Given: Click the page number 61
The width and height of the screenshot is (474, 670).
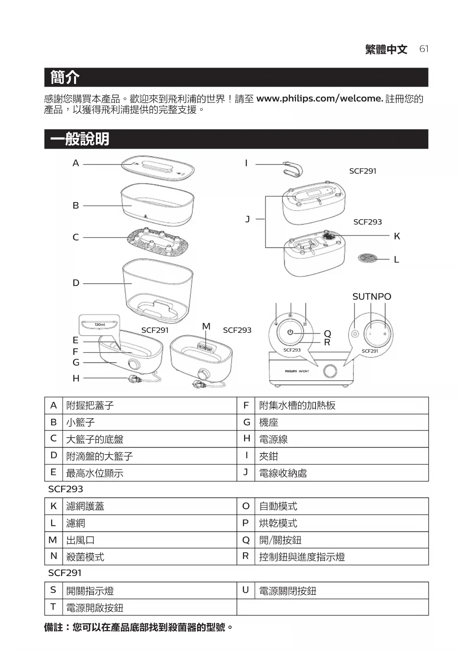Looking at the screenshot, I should pyautogui.click(x=424, y=49).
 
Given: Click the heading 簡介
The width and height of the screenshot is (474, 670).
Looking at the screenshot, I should pyautogui.click(x=65, y=77).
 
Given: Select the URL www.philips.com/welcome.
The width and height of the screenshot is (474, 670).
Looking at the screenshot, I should pyautogui.click(x=319, y=99).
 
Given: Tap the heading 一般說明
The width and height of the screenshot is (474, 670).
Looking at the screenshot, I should pyautogui.click(x=79, y=139).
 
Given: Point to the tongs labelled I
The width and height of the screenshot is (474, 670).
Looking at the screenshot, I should pyautogui.click(x=293, y=169).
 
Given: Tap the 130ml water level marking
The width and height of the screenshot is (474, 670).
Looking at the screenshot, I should pyautogui.click(x=100, y=325).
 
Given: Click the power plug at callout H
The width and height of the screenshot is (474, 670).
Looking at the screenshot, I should pyautogui.click(x=133, y=379).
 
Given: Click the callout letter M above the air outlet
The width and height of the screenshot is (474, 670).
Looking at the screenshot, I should pyautogui.click(x=206, y=326).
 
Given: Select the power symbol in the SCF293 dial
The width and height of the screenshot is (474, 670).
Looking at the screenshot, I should pyautogui.click(x=290, y=332).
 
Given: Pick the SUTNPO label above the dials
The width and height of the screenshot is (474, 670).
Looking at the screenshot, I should pyautogui.click(x=371, y=296).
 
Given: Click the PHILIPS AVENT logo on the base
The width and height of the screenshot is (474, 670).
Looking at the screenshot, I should pyautogui.click(x=297, y=371).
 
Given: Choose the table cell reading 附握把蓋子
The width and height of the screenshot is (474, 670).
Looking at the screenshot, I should pyautogui.click(x=90, y=405).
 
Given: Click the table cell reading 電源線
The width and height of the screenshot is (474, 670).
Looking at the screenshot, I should pyautogui.click(x=273, y=439).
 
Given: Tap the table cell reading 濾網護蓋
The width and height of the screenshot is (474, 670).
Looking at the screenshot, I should pyautogui.click(x=85, y=506).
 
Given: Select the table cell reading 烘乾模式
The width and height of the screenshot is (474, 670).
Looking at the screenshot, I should pyautogui.click(x=278, y=523).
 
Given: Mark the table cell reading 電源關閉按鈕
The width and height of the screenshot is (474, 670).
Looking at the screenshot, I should pyautogui.click(x=288, y=591).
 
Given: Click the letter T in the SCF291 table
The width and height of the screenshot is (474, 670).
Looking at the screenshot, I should pyautogui.click(x=53, y=607).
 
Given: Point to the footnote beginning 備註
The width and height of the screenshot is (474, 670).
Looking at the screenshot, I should pyautogui.click(x=138, y=627).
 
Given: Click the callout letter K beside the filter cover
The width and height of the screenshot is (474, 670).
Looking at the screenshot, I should pyautogui.click(x=397, y=236).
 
